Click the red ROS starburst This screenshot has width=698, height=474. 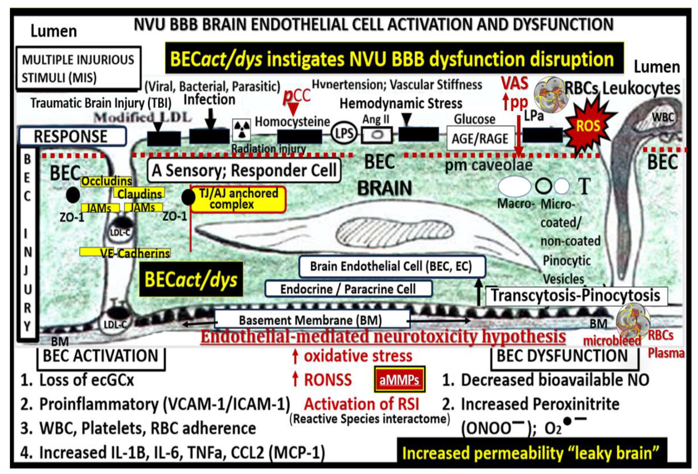(588, 126)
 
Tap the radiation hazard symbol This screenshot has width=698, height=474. (241, 130)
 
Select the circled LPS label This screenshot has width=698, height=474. (344, 133)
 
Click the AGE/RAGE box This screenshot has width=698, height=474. (480, 138)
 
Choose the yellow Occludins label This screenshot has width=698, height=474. (106, 181)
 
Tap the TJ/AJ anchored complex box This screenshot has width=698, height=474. (238, 199)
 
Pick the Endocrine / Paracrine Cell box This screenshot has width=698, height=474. (348, 289)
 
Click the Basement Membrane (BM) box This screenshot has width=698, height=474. (311, 320)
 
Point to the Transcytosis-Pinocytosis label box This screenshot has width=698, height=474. (576, 296)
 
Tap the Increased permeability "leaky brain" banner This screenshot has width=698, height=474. (531, 453)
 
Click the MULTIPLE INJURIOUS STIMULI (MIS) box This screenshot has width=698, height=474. (78, 68)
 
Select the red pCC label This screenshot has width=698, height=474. (296, 96)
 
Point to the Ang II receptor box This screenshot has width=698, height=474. (377, 135)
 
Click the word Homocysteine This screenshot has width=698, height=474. (292, 122)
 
